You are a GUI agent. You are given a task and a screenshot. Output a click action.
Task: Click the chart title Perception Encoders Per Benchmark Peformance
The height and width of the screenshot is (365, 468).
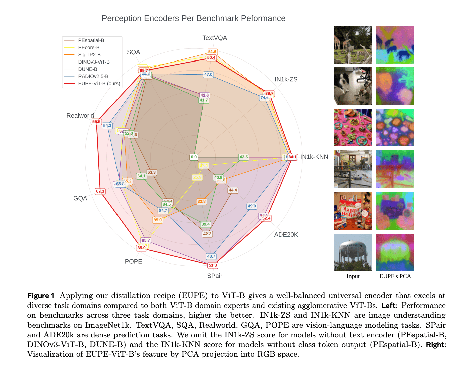(194, 18)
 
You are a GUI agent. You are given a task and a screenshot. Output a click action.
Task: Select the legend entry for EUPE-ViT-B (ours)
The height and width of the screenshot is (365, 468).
(99, 83)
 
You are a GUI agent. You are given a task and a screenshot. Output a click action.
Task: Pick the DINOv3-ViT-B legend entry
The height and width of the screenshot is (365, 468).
(94, 62)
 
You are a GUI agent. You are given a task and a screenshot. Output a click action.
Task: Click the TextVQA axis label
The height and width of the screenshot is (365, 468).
(215, 38)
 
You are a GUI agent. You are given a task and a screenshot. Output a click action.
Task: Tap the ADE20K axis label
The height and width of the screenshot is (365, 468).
(286, 235)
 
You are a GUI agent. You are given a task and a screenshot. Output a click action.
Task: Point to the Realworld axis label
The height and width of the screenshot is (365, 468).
(80, 116)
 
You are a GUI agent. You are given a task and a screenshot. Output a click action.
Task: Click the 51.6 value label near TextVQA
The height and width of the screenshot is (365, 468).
(212, 52)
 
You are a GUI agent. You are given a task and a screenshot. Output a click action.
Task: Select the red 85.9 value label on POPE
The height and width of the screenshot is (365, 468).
(142, 248)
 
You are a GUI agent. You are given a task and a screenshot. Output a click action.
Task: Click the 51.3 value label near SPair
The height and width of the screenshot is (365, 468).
(213, 265)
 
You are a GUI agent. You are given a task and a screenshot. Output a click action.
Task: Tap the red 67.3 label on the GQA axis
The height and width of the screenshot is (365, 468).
(100, 191)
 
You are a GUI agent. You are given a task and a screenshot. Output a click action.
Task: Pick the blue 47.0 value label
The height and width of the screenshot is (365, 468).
(208, 75)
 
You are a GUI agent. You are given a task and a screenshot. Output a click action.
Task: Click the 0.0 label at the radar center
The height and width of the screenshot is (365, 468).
(194, 157)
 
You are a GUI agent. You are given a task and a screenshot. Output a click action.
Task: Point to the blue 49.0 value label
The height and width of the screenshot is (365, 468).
(252, 206)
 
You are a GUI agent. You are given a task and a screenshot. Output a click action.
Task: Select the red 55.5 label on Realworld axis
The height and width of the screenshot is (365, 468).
(96, 122)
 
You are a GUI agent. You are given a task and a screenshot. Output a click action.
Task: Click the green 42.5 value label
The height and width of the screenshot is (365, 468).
(244, 157)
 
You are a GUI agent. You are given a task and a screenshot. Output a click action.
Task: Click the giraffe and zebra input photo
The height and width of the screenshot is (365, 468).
(353, 45)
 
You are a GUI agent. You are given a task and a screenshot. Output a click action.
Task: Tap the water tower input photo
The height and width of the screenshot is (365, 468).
(353, 252)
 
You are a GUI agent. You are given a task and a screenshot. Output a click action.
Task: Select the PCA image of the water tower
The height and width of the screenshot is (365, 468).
(395, 252)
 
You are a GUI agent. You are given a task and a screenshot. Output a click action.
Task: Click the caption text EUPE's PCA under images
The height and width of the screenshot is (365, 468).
(395, 276)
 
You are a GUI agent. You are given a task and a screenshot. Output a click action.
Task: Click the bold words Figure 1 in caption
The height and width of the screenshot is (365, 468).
(41, 296)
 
